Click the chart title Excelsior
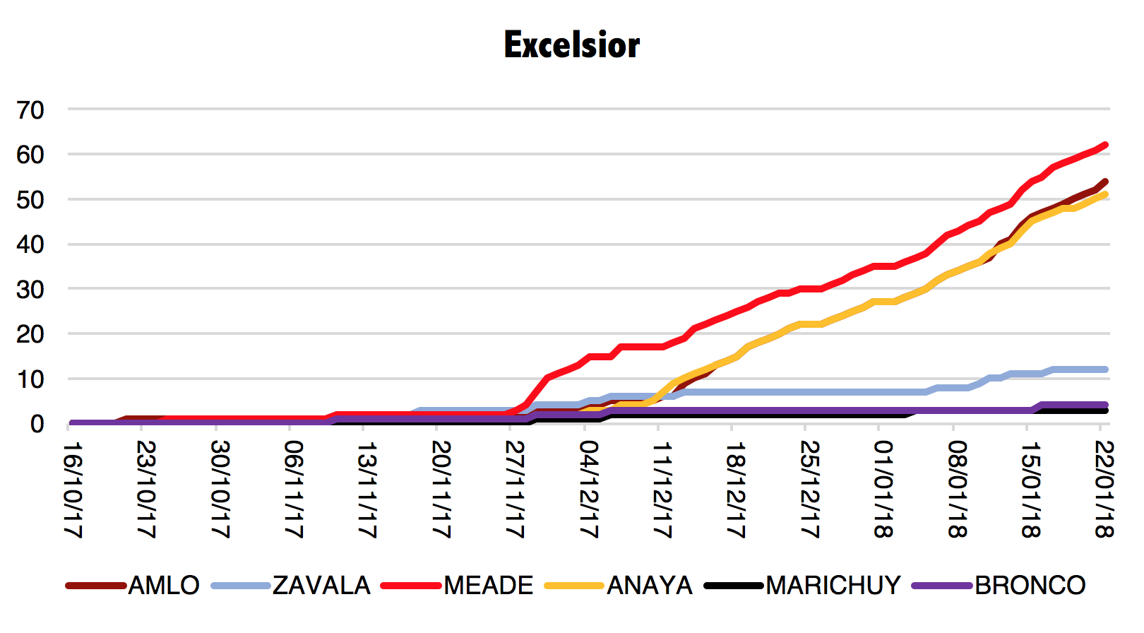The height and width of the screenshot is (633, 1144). (572, 45)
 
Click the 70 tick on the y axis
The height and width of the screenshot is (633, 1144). (30, 110)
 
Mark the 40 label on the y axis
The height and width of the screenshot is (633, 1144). (30, 244)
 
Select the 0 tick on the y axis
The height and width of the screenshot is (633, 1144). (37, 424)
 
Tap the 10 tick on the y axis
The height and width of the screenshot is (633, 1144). (30, 379)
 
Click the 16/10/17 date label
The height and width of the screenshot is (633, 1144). (73, 490)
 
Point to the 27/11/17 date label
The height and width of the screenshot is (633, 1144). (516, 490)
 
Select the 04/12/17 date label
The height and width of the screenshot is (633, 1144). (589, 490)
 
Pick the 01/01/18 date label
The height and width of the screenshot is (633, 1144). (884, 490)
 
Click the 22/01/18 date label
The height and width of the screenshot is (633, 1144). (1104, 490)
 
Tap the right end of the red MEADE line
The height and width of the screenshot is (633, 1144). (1105, 145)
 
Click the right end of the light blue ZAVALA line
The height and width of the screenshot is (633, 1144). (1105, 369)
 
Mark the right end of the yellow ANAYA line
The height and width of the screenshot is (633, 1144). (1105, 194)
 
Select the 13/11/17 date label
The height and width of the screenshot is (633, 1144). (368, 490)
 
